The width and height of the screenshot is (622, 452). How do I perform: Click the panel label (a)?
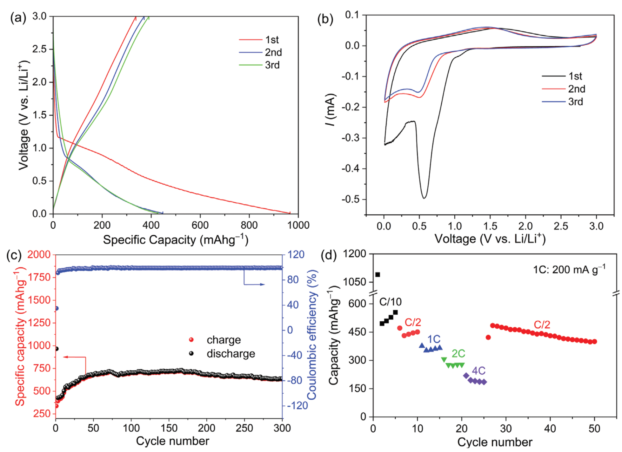(x=18, y=18)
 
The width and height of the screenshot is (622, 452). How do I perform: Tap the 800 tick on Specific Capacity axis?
(x=249, y=225)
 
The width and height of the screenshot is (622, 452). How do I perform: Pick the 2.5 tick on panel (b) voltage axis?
(x=561, y=226)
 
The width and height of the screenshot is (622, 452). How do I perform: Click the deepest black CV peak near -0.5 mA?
(x=424, y=198)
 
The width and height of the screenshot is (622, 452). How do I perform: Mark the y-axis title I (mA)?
(x=331, y=110)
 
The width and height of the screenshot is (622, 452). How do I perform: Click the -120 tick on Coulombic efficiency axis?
(x=298, y=405)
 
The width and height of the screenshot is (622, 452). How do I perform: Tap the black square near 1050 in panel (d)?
(x=378, y=275)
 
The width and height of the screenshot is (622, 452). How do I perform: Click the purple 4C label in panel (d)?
(x=478, y=371)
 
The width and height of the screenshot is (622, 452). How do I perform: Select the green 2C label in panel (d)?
(x=458, y=353)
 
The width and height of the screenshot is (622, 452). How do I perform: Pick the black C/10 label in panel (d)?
(x=390, y=302)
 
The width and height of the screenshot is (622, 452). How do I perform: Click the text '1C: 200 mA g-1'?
(x=569, y=270)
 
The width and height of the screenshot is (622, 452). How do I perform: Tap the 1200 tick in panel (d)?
(x=355, y=254)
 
